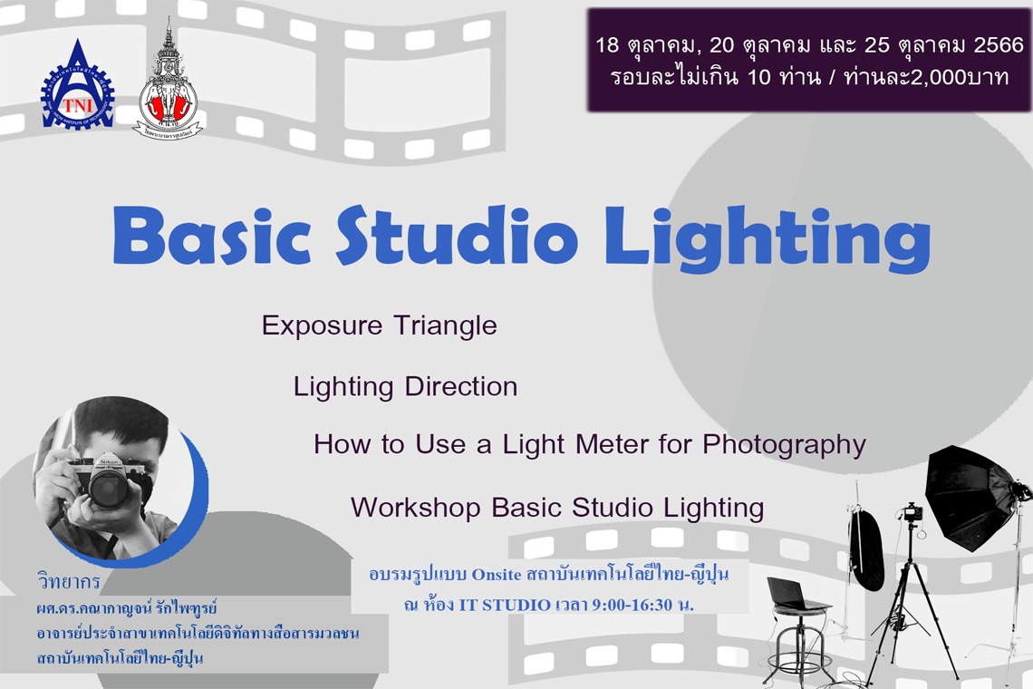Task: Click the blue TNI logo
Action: [77, 88]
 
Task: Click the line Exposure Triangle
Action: [379, 325]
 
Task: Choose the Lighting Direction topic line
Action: [405, 387]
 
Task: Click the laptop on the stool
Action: [796, 595]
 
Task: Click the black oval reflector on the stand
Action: [866, 548]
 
